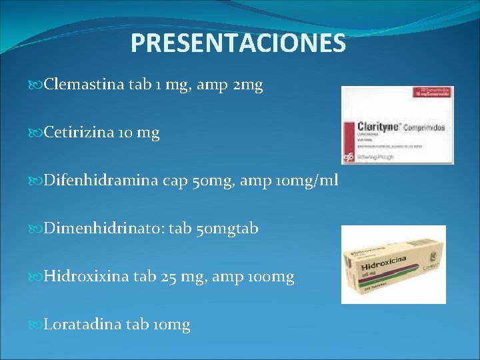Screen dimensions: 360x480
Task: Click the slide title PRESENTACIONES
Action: pos(238,43)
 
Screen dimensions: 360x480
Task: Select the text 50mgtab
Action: pos(228,229)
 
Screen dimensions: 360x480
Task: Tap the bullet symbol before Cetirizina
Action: pos(37,133)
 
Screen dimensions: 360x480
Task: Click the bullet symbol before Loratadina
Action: pos(37,325)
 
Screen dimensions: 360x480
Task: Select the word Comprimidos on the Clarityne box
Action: pos(424,127)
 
